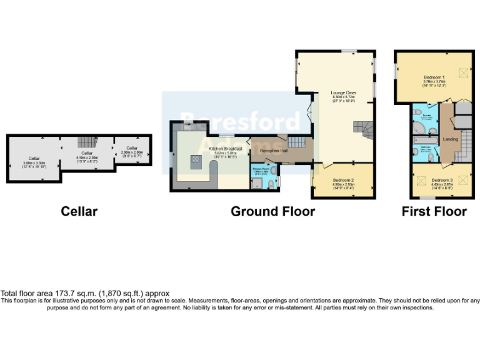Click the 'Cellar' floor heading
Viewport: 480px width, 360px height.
point(79,211)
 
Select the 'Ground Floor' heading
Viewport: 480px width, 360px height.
point(272,211)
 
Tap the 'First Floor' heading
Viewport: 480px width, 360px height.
point(434,211)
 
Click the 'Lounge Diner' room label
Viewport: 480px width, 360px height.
point(343,92)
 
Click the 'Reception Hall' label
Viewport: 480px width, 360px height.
point(273,151)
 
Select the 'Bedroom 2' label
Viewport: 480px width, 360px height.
point(342,181)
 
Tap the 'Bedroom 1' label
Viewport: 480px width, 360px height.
point(434,77)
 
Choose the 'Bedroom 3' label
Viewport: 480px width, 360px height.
point(442,180)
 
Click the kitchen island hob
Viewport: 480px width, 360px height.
point(196,161)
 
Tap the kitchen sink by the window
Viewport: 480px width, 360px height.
point(189,127)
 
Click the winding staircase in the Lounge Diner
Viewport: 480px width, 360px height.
point(362,129)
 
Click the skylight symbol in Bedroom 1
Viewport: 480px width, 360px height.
point(463,73)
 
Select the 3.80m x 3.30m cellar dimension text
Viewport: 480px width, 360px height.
point(33,163)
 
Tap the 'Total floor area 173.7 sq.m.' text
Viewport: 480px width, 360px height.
point(85,293)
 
